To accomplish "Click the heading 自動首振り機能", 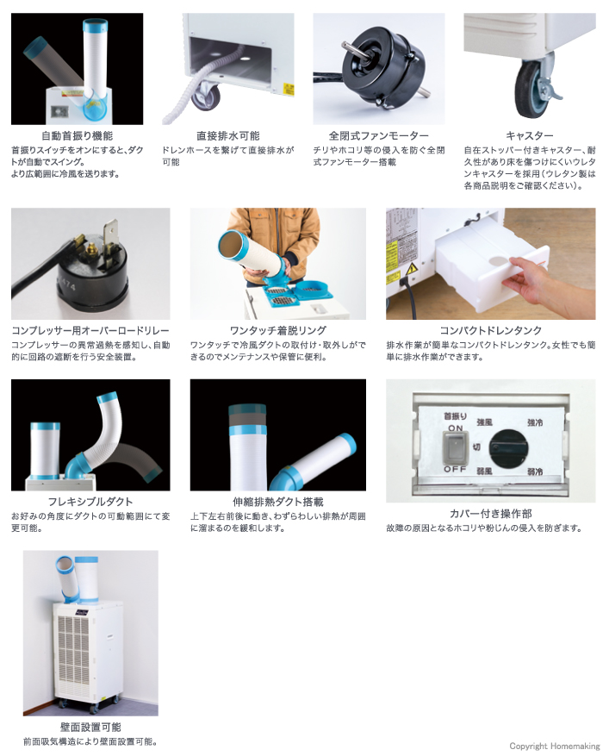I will click(78, 136).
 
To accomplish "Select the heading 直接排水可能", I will click(227, 136).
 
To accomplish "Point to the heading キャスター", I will click(529, 136).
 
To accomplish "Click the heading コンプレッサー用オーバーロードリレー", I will click(90, 331).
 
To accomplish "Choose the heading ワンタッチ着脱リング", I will click(278, 331).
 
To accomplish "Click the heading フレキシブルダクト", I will click(78, 502).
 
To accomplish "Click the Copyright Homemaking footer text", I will click(554, 746).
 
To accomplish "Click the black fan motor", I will click(376, 69).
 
